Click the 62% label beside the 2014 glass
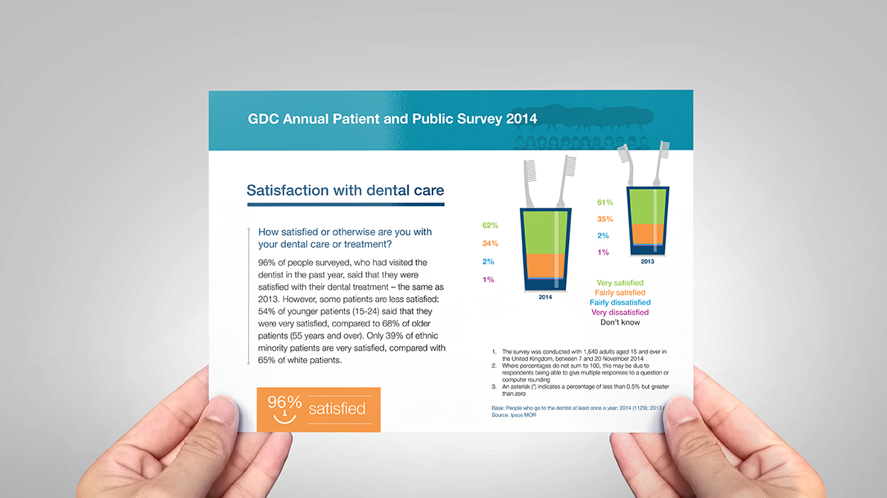click(490, 226)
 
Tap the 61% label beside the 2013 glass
click(605, 202)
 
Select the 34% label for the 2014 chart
click(490, 243)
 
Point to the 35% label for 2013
click(605, 219)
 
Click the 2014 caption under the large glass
click(547, 298)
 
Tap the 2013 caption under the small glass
click(648, 262)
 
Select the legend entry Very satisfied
click(620, 283)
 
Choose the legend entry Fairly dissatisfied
click(620, 303)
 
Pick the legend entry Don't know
click(620, 322)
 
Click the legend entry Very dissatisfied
click(620, 313)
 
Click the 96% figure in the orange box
click(284, 403)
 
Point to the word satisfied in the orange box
click(337, 409)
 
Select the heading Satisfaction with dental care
click(345, 191)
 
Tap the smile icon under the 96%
click(284, 418)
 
